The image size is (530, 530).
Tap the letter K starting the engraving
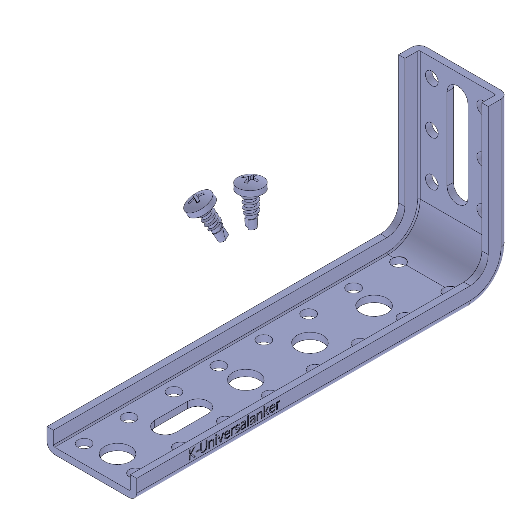tap(192, 454)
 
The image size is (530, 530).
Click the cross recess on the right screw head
tap(251, 179)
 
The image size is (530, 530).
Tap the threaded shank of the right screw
tap(251, 207)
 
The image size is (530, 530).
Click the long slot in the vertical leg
tap(458, 145)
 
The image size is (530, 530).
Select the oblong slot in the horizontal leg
tap(182, 417)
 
